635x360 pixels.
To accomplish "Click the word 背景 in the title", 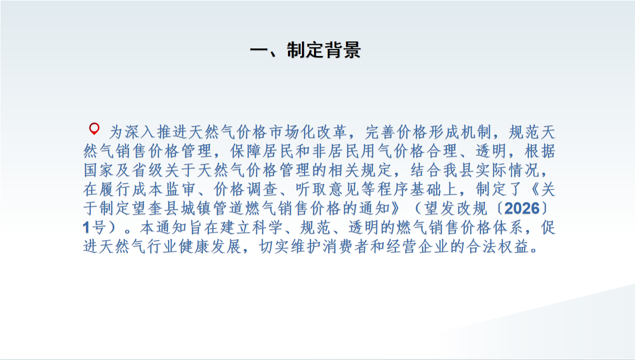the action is pyautogui.click(x=342, y=50).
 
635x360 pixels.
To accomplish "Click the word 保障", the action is pyautogui.click(x=246, y=151).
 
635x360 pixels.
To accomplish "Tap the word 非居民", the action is pyautogui.click(x=336, y=151).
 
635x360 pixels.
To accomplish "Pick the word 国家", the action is pyautogui.click(x=98, y=170).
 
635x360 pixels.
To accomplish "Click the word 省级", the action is pyautogui.click(x=147, y=170).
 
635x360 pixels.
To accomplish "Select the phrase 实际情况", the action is pyautogui.click(x=507, y=170).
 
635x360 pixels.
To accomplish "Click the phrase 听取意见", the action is pyautogui.click(x=327, y=189).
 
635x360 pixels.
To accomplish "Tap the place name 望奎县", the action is pyautogui.click(x=155, y=208).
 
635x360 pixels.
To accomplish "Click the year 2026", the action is pyautogui.click(x=522, y=209).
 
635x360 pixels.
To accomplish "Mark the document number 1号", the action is pyautogui.click(x=94, y=227).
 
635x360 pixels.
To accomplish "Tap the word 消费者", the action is pyautogui.click(x=346, y=246).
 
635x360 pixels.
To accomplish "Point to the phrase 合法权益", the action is pyautogui.click(x=498, y=246).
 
